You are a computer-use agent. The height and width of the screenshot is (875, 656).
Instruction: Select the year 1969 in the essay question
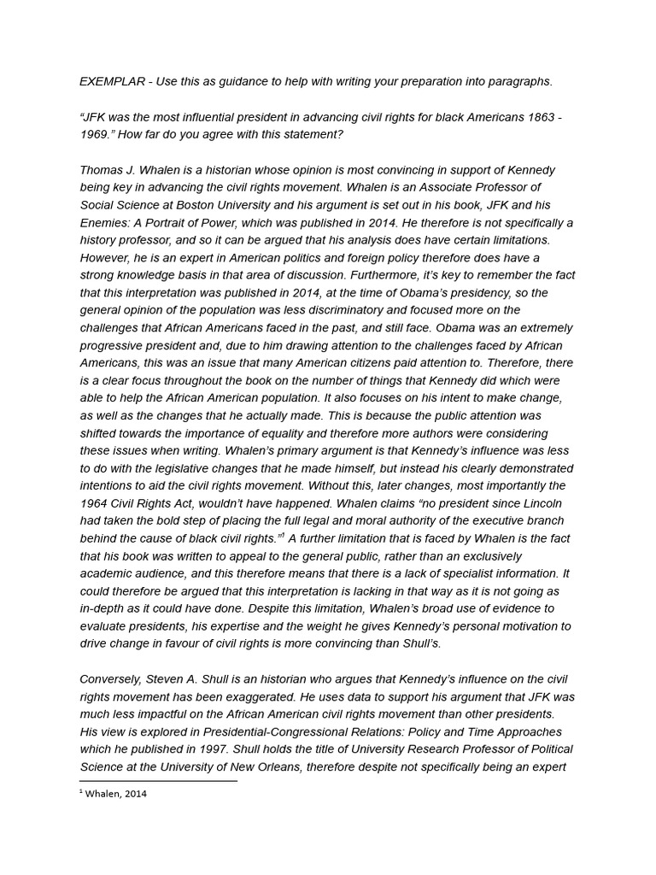pyautogui.click(x=97, y=135)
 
